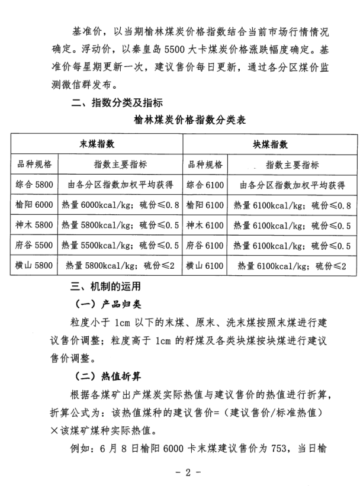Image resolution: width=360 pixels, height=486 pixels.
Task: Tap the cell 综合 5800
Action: coord(35,185)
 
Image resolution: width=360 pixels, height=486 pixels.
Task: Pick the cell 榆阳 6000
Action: coord(35,205)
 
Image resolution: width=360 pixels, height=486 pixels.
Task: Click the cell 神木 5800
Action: coord(35,225)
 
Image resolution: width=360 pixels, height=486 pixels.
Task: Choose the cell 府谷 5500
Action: coord(35,245)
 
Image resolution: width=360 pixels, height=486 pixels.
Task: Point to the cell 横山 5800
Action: coord(35,265)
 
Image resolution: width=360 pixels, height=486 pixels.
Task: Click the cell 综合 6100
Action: coord(205,185)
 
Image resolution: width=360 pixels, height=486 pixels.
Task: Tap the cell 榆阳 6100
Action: coord(205,205)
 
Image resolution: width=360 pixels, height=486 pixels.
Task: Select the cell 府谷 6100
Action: coord(205,245)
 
